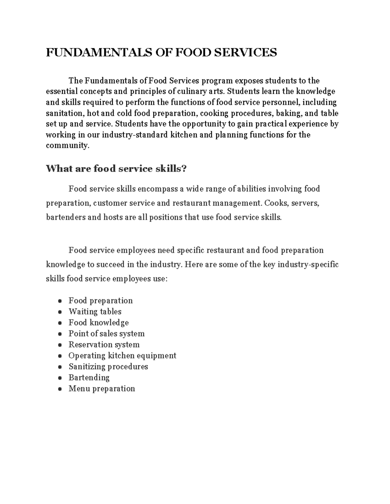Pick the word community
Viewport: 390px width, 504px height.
tap(67, 146)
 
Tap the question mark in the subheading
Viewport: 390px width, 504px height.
tap(184, 169)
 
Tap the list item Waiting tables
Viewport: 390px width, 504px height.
tap(95, 312)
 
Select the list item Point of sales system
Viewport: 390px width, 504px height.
tap(106, 334)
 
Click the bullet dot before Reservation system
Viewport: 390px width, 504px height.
tap(60, 345)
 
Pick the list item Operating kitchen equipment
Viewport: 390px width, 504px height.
tap(122, 356)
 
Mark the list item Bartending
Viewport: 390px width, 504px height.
tap(89, 378)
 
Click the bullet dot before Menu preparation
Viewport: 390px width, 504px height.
tap(60, 389)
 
